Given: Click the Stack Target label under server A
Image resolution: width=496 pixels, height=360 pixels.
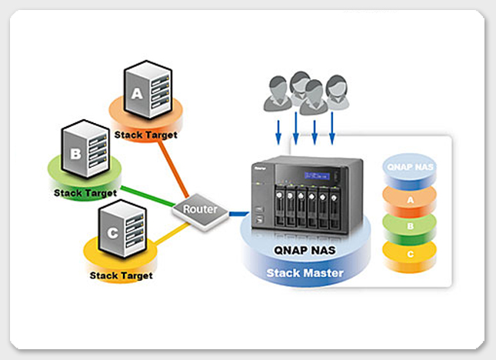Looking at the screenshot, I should [145, 135].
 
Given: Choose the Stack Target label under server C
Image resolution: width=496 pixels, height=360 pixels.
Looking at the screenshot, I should [122, 275].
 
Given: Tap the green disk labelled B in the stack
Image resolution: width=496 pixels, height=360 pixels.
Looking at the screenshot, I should [409, 227].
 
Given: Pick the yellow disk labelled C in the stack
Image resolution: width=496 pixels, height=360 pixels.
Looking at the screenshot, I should [409, 254].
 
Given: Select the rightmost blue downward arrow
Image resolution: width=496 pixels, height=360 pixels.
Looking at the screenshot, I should [333, 126].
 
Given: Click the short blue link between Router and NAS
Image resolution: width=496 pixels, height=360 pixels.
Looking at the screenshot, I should [238, 213].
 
